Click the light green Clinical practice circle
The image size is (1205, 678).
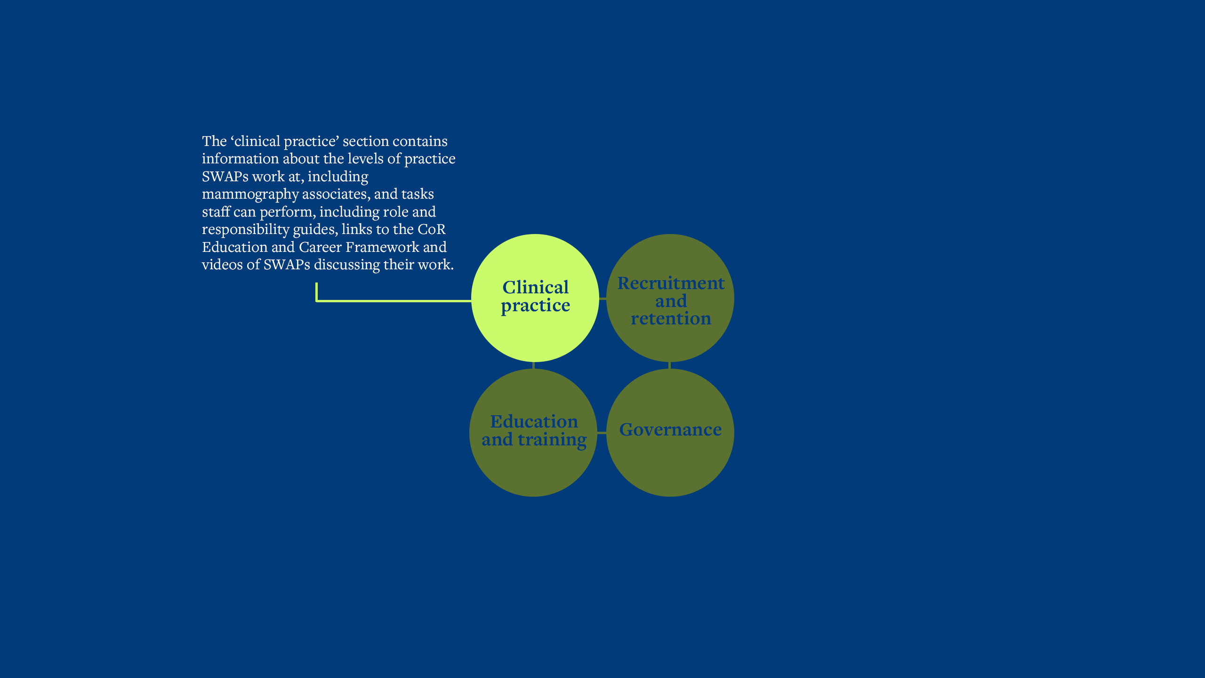(535, 298)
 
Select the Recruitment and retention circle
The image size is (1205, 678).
(670, 298)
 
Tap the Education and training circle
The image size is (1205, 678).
(533, 432)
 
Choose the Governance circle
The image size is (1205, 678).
(670, 432)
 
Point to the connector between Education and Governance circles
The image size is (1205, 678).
(602, 432)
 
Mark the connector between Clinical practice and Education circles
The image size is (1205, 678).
(533, 365)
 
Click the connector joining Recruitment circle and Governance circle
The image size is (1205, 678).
(670, 365)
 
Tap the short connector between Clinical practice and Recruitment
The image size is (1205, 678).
(602, 299)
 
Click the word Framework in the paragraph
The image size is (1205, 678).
(382, 247)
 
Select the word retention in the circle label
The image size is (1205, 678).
(671, 319)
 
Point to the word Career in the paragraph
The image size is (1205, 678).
(320, 247)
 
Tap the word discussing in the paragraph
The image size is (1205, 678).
(347, 265)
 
